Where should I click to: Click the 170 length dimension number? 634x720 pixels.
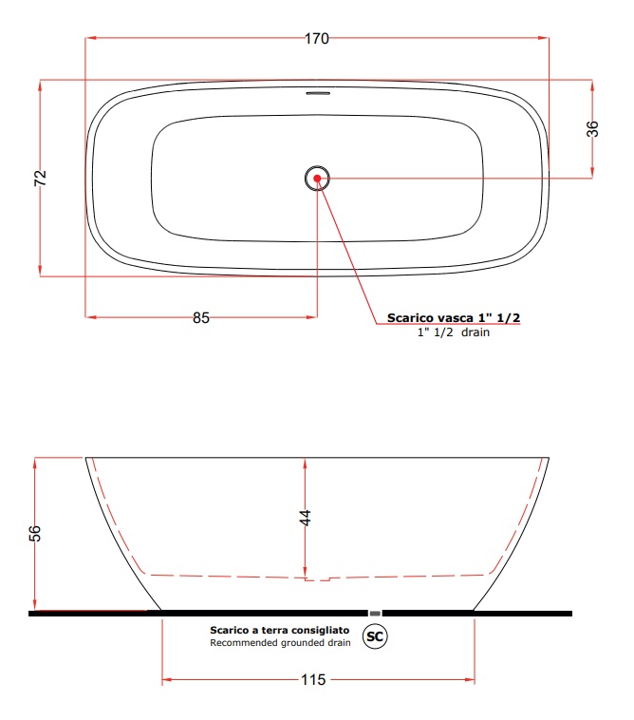pos(317,39)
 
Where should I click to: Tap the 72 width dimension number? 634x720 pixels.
pos(41,178)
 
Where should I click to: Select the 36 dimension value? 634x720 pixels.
pos(592,128)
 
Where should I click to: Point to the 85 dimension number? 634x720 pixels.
pos(201,318)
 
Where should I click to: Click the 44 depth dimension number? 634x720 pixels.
pos(305,518)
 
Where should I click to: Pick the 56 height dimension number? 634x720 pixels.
pos(35,533)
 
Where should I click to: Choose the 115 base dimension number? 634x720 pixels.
pos(313,679)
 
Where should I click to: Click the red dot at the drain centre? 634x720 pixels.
pos(317,179)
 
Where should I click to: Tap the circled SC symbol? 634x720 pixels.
pos(375,636)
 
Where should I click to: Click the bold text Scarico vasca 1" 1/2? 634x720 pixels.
pos(454,318)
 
